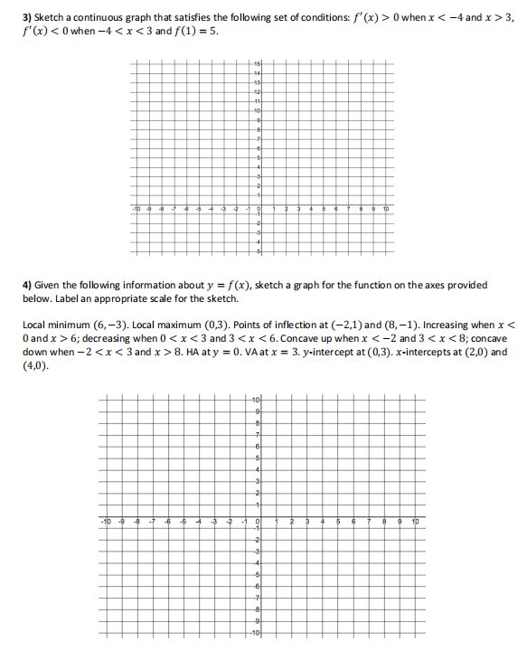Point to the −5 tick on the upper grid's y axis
click(x=256, y=250)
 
